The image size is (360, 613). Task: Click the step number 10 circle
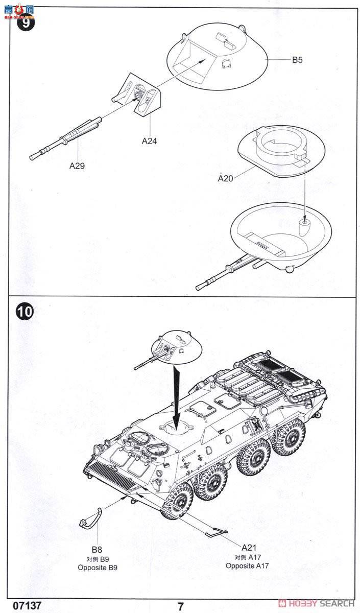[x=25, y=312]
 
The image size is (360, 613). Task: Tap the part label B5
[x=297, y=60]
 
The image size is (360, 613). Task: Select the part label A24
[x=149, y=142]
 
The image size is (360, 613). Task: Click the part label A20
[x=225, y=178]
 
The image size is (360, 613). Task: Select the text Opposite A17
[x=247, y=565]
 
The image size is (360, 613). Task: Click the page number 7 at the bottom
[x=180, y=606]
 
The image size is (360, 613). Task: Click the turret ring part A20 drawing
[x=280, y=149]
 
